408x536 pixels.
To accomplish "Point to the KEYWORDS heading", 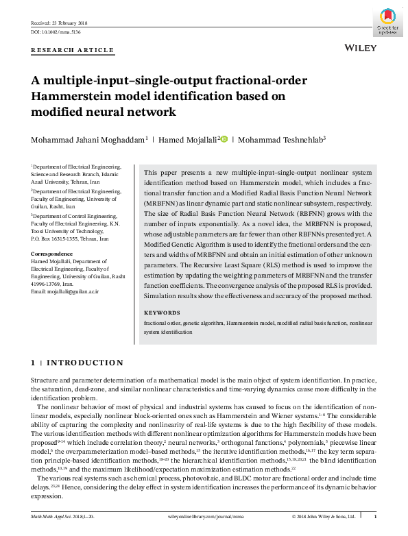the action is (x=162, y=313).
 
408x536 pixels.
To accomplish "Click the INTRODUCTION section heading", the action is (x=84, y=363).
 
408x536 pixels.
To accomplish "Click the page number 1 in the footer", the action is (x=374, y=515).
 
